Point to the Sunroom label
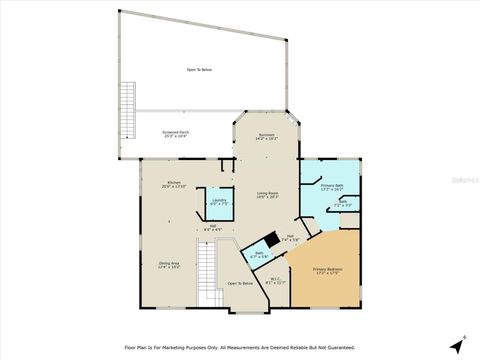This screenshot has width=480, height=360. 266,136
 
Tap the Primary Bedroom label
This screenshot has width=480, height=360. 327,270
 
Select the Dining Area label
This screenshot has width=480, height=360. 167,266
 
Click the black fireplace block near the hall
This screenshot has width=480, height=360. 269,241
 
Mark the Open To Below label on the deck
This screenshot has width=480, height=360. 199,69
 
